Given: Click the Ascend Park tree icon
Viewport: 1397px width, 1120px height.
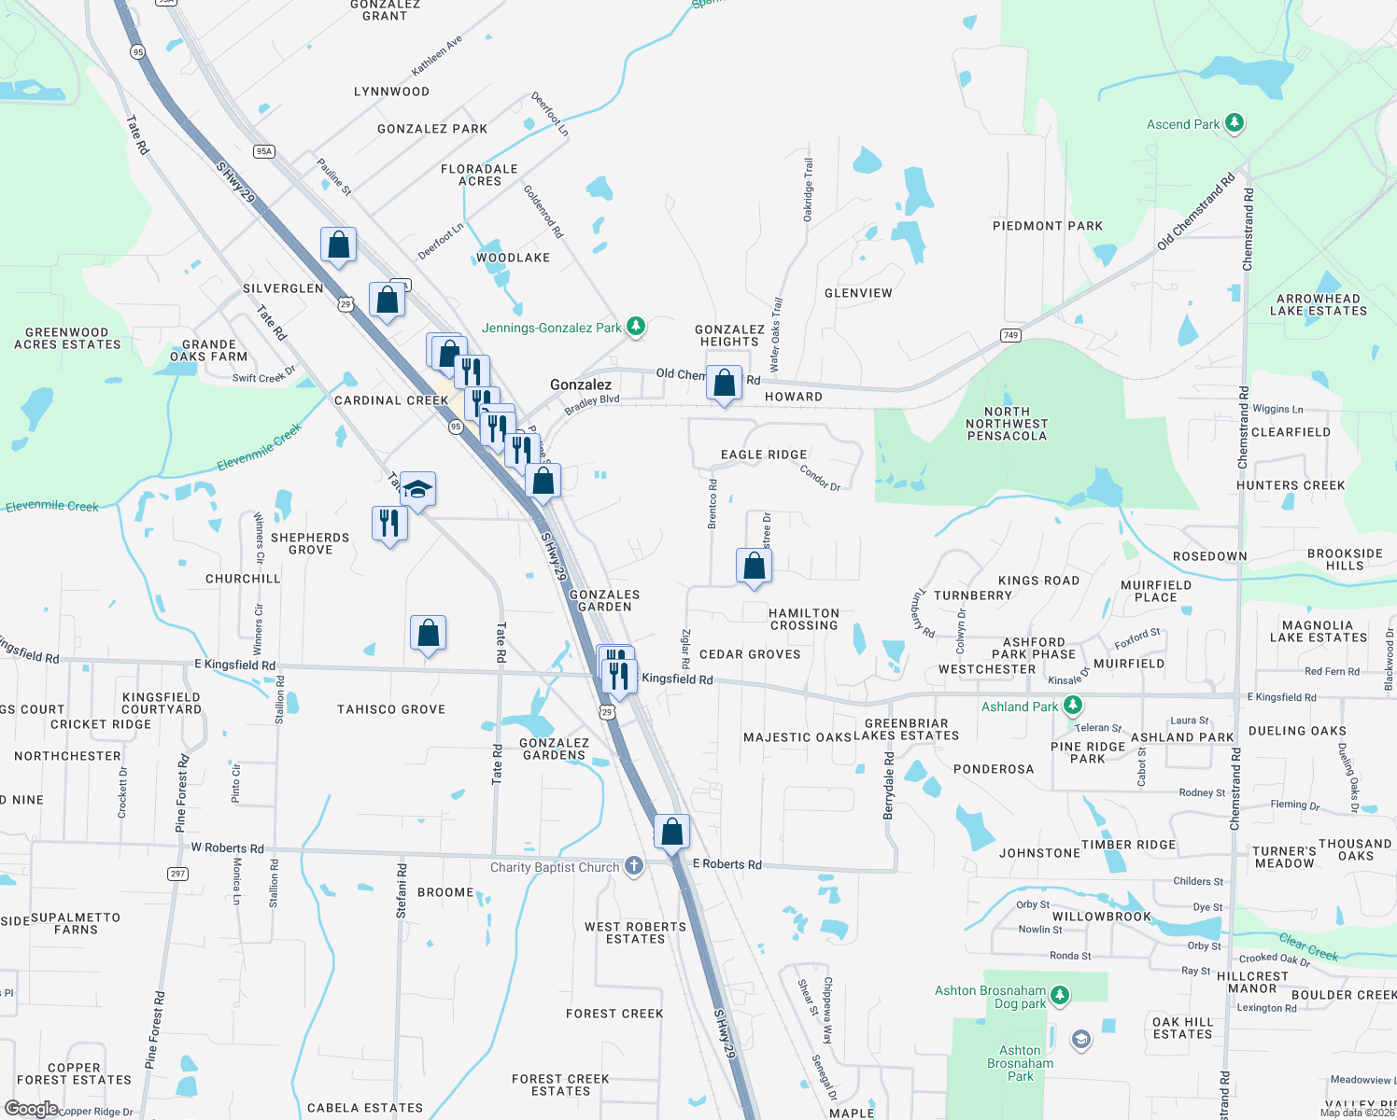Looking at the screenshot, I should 1235,123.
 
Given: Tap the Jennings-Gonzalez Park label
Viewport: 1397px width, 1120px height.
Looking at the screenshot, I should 551,328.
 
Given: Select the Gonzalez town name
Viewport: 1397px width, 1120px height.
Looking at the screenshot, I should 581,385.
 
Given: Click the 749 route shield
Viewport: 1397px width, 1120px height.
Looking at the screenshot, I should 1010,335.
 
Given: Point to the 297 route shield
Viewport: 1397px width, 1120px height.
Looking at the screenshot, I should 177,874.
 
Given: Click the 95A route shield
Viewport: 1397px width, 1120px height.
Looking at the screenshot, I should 264,151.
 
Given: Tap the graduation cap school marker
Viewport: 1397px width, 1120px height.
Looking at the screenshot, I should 417,489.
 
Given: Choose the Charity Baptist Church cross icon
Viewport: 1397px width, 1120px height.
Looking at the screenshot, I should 634,866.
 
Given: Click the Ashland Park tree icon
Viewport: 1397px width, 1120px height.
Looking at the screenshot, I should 1073,707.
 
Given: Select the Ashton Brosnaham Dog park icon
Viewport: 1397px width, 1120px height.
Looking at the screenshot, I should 1059,995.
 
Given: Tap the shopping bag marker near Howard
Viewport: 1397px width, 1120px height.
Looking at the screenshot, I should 724,383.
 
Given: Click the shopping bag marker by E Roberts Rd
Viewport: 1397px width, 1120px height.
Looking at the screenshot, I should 671,831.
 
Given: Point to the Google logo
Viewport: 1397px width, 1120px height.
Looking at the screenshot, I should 31,1109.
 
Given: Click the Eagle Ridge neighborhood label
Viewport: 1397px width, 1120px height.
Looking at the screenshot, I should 764,455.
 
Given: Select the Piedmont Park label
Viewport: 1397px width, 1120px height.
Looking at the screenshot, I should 1047,226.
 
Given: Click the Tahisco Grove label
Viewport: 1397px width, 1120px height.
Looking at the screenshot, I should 391,709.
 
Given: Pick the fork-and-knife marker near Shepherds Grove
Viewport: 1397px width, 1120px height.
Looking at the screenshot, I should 389,523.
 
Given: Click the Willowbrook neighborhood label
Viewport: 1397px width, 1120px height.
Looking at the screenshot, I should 1102,917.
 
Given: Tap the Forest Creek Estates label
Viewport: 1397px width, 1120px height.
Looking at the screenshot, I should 560,1085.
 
